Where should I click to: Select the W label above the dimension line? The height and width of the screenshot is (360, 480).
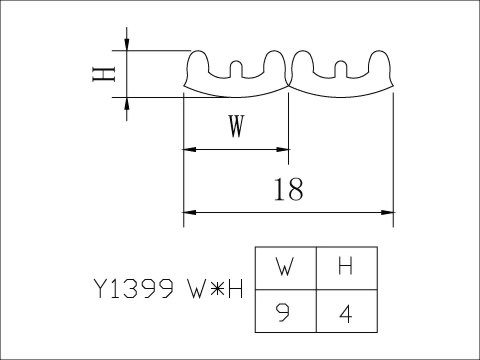tap(235, 127)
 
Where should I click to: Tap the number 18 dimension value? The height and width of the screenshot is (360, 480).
tap(290, 189)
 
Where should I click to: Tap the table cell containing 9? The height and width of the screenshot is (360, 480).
tap(284, 313)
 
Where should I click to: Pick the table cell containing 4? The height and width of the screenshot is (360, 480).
tap(346, 313)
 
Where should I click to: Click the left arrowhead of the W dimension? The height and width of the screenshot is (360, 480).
tap(187, 151)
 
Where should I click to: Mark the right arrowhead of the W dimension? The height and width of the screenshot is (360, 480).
tap(284, 151)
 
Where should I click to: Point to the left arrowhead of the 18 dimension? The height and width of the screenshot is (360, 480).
tap(187, 212)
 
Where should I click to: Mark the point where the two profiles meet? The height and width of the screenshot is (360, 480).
tap(289, 83)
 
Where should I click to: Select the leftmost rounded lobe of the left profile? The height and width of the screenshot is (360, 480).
tap(197, 65)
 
